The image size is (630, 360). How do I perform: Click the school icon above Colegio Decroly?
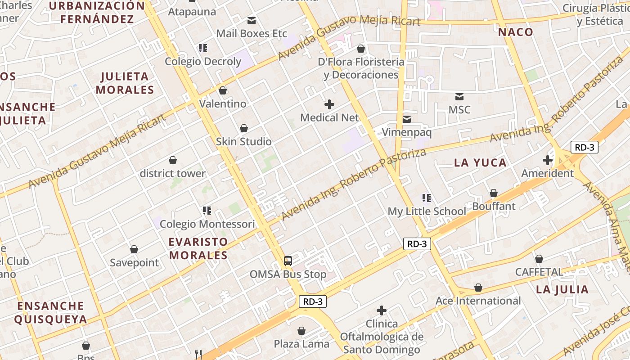point(203,48)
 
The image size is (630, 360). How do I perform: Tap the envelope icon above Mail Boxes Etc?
point(252,20)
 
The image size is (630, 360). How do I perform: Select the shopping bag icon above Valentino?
point(223,90)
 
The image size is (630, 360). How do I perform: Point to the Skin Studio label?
point(244,142)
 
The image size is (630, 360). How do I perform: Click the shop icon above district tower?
point(173,160)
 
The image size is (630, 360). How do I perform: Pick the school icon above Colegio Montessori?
point(207,210)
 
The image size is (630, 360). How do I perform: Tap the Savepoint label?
point(135,263)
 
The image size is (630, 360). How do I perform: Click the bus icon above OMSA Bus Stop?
point(288,261)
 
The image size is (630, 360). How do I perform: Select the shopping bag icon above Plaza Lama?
point(301,331)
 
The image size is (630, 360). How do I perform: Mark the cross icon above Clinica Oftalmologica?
point(382,310)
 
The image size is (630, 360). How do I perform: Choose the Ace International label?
point(478,301)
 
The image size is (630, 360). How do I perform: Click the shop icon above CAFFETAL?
point(539,259)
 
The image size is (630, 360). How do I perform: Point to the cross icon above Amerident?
point(548,160)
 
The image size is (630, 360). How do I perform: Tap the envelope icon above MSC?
point(459,96)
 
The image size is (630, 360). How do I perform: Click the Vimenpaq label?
point(407,132)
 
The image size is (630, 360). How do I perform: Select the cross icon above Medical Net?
point(329,104)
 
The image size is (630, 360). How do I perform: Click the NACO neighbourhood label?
point(516,32)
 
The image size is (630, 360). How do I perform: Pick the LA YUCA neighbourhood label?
point(480,163)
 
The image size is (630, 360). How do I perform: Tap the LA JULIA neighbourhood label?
point(562,289)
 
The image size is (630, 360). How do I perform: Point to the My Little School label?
point(427,211)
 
